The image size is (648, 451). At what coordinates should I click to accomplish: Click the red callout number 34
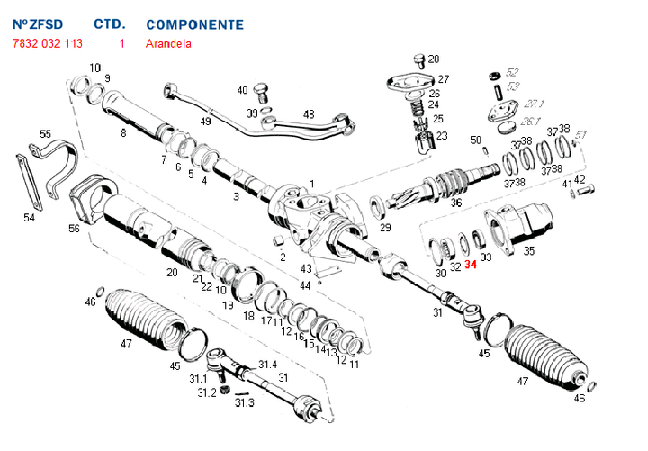pos(471,265)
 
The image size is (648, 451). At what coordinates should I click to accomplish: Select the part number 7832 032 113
pos(48,43)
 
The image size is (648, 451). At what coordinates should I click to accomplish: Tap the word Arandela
pos(168,43)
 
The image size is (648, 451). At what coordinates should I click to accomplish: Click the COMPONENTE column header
pos(194,24)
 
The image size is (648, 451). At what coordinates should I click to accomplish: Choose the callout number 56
pos(74,229)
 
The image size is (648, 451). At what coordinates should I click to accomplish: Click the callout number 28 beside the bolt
pos(433,59)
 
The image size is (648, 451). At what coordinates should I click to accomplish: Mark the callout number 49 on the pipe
pos(205,121)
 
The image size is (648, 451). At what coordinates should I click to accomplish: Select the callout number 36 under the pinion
pos(456,203)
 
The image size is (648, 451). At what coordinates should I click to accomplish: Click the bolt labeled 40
pos(262,91)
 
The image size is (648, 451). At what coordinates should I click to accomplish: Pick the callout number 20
pos(172,272)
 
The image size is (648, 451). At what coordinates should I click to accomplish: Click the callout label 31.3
pos(245,403)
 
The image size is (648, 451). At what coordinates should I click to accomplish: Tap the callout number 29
pos(385,228)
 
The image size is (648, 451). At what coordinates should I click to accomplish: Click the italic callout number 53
pos(513,86)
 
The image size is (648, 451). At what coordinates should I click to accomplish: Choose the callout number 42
pos(580,179)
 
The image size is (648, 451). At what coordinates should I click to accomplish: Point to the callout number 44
pos(306,284)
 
